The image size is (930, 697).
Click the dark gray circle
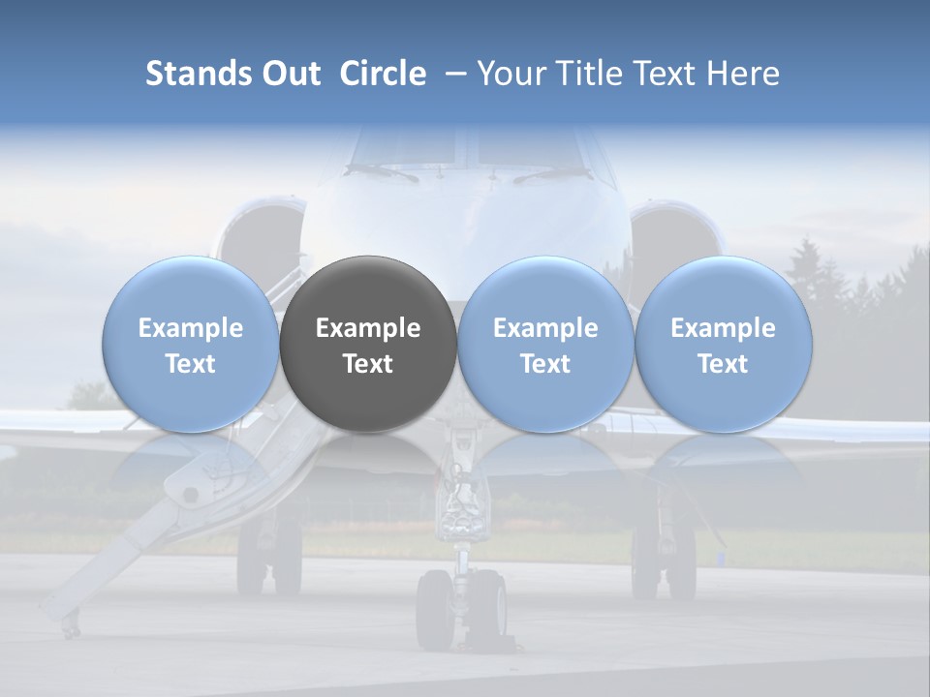368,344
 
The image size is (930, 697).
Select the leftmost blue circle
191,344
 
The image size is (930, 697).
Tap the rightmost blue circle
723,344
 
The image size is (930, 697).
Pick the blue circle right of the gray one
545,344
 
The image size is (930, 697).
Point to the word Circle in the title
383,74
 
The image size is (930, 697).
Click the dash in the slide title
451,74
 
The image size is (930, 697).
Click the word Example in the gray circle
368,328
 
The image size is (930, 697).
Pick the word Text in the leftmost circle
191,364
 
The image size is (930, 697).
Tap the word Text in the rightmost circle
723,364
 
